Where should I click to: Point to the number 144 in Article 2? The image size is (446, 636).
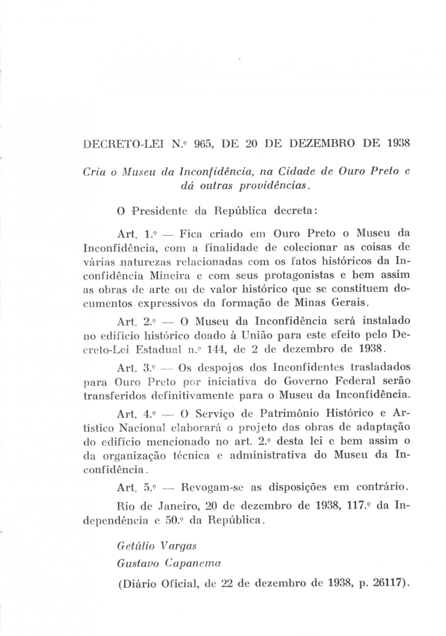216,349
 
